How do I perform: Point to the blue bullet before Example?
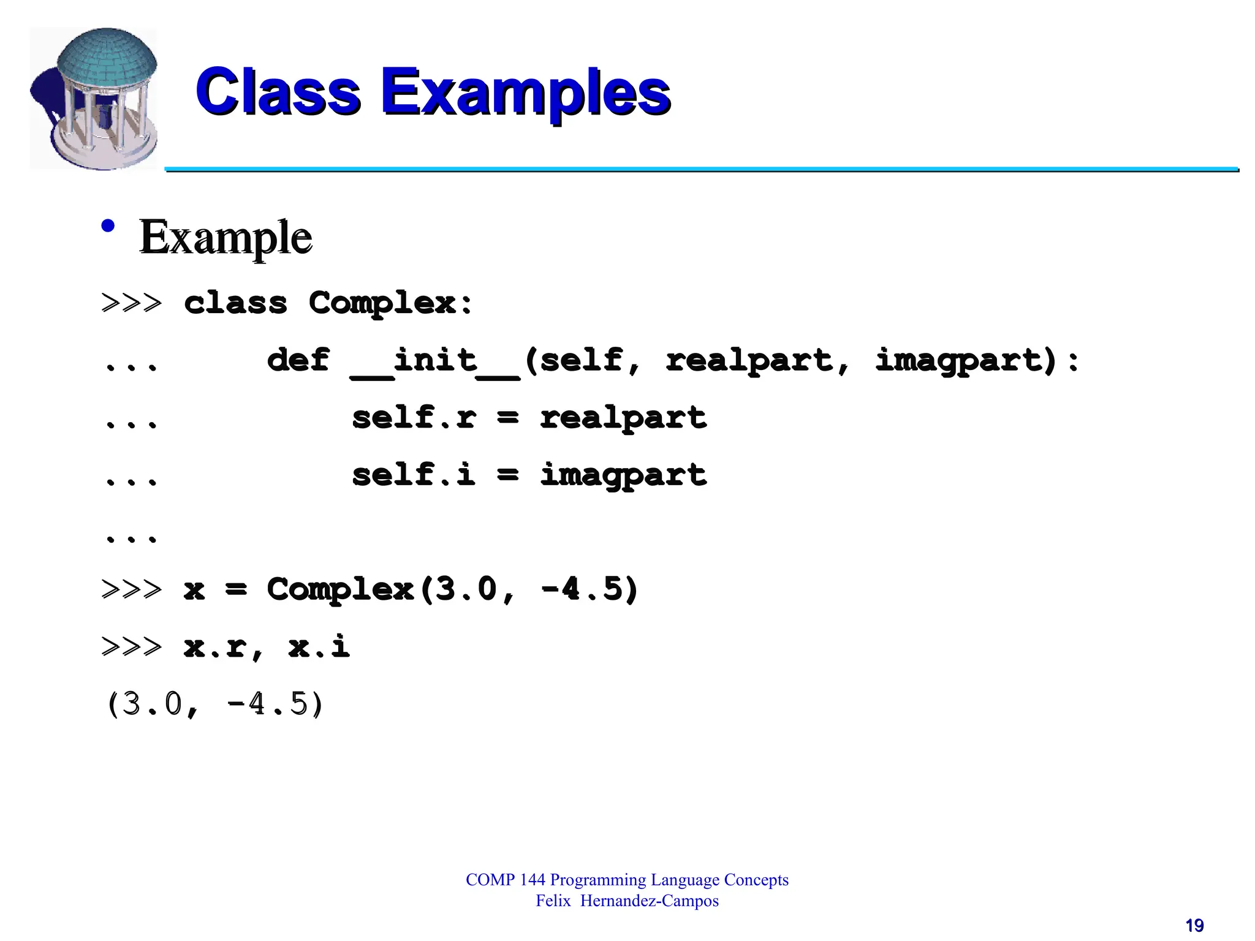pyautogui.click(x=108, y=226)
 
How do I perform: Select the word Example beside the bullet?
pyautogui.click(x=226, y=238)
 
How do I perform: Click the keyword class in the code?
pyautogui.click(x=235, y=303)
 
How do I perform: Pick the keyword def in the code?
pyautogui.click(x=298, y=360)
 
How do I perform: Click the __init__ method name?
pyautogui.click(x=435, y=361)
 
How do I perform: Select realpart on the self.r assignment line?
pyautogui.click(x=623, y=418)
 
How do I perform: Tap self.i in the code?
pyautogui.click(x=414, y=475)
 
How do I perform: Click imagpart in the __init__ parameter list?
pyautogui.click(x=959, y=360)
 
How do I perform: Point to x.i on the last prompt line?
pyautogui.click(x=319, y=646)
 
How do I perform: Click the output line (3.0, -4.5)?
pyautogui.click(x=214, y=704)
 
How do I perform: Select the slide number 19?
pyautogui.click(x=1194, y=925)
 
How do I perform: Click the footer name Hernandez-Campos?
pyautogui.click(x=649, y=901)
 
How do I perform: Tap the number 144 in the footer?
pyautogui.click(x=532, y=880)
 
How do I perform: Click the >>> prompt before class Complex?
pyautogui.click(x=132, y=303)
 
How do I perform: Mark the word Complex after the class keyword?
pyautogui.click(x=382, y=303)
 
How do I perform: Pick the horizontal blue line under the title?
pyautogui.click(x=701, y=169)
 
